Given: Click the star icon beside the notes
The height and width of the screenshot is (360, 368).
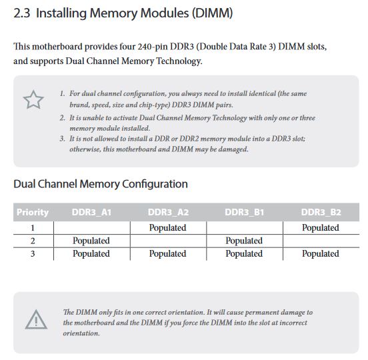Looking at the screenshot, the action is click(33, 100).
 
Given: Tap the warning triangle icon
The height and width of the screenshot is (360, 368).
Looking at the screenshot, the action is click(36, 319).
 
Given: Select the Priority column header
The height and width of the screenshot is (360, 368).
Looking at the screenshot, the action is click(33, 212).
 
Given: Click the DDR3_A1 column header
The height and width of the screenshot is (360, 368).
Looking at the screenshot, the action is click(91, 212).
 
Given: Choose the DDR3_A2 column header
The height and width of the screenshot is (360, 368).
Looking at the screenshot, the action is click(168, 212).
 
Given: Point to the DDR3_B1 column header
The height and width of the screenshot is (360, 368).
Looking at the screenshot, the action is click(244, 212).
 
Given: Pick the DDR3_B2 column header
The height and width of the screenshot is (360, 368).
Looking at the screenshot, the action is click(321, 212).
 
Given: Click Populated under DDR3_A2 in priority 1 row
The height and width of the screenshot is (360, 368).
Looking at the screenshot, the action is click(167, 227).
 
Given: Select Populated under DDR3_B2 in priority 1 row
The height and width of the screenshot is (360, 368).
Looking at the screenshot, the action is click(321, 227).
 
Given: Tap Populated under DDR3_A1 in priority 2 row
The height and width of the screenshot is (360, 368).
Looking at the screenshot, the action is click(91, 241).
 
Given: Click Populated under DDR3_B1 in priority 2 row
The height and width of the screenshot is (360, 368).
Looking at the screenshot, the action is click(244, 241).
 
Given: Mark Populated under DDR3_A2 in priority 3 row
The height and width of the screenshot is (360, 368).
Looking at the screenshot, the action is click(167, 254).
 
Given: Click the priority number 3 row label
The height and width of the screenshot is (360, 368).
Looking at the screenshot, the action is click(33, 254).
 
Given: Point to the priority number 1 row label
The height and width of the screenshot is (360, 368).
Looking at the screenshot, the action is click(33, 228).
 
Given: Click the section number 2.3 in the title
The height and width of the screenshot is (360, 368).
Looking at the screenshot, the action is click(22, 13).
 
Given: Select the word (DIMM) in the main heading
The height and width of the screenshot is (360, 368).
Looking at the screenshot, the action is click(213, 13).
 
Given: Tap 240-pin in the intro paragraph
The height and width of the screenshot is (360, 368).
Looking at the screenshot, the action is click(153, 47).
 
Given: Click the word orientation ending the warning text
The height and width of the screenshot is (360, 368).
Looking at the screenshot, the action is click(81, 333).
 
